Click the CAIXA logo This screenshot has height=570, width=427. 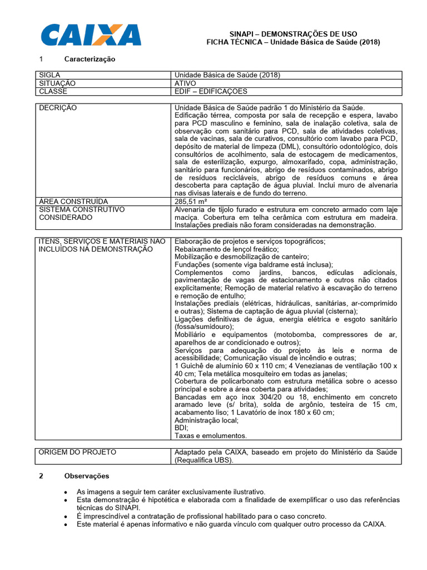(x=91, y=35)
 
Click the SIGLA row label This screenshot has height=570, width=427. (x=49, y=75)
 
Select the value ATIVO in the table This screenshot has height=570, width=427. (x=185, y=83)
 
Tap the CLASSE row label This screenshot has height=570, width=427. (x=53, y=91)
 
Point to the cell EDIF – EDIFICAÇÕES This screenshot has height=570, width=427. (x=211, y=91)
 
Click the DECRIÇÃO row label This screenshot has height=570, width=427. (x=58, y=107)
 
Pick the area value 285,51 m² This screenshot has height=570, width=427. (x=191, y=201)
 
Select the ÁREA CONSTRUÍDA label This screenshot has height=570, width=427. (x=73, y=201)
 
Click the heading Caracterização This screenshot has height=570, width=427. (x=90, y=59)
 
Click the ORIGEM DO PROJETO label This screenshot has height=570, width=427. (x=77, y=452)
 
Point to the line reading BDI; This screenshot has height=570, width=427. (x=181, y=428)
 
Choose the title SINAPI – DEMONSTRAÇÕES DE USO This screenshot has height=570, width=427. (x=294, y=34)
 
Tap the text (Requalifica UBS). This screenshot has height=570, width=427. (x=205, y=460)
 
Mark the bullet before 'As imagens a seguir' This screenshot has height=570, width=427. (x=66, y=493)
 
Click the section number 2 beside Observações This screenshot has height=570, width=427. (x=41, y=476)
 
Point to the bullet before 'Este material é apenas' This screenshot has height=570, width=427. (x=66, y=524)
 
